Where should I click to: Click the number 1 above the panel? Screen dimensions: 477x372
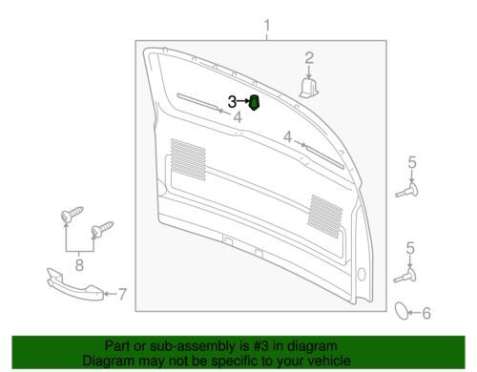[267, 25]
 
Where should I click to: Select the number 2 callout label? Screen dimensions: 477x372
[309, 58]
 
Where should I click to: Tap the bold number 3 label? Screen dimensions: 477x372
[232, 102]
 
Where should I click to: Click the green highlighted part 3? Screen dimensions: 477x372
[254, 102]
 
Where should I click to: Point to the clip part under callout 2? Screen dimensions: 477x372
[309, 88]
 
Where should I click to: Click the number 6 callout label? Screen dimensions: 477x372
[426, 313]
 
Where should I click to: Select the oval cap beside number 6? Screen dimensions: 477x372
[402, 311]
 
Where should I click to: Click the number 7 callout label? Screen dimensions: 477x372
[122, 294]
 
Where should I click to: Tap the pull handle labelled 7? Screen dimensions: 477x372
[75, 284]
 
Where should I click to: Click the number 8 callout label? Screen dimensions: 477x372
[79, 264]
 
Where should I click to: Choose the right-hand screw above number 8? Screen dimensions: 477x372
[102, 229]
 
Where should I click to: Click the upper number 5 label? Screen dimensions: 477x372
[412, 162]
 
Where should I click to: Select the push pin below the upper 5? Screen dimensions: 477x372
[407, 190]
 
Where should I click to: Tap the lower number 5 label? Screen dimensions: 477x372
[410, 248]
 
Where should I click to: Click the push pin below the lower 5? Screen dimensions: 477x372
[405, 276]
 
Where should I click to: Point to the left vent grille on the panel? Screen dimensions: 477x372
[188, 160]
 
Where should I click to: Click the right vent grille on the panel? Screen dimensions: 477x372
[325, 217]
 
